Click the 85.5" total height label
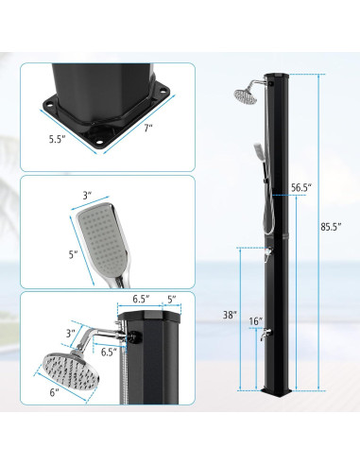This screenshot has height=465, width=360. pyautogui.click(x=331, y=227)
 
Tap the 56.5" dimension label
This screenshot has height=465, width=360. pyautogui.click(x=301, y=187)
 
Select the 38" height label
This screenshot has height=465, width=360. pyautogui.click(x=230, y=315)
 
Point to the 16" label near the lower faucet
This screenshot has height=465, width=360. pyautogui.click(x=256, y=321)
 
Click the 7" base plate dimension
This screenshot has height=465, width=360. pyautogui.click(x=148, y=128)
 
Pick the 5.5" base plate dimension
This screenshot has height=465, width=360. pyautogui.click(x=57, y=139)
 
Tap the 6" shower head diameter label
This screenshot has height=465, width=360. pyautogui.click(x=54, y=392)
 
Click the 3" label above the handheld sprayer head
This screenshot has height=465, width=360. pyautogui.click(x=87, y=196)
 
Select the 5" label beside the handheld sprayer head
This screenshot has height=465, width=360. pyautogui.click(x=73, y=254)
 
